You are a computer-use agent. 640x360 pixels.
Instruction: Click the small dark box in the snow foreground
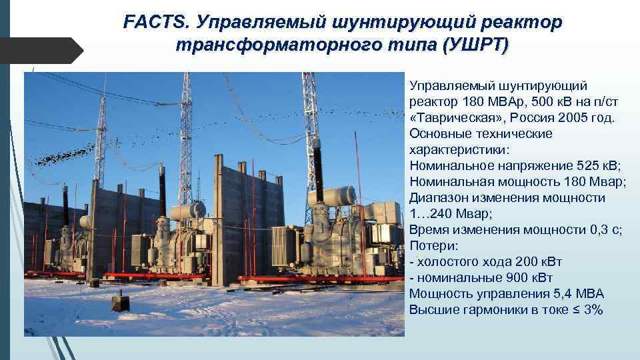(121, 303)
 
